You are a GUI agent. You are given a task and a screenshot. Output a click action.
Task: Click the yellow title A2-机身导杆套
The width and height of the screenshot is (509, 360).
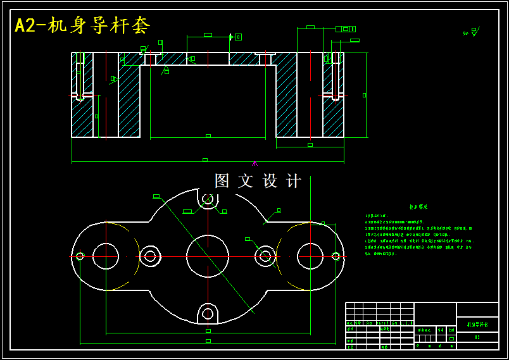click(x=82, y=26)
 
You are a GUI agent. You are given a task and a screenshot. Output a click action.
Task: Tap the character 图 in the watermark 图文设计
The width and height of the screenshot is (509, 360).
click(x=222, y=181)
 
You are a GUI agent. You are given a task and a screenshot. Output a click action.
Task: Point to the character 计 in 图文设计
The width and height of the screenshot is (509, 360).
click(x=294, y=181)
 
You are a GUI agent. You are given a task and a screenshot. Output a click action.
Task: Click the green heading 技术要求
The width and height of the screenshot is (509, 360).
click(x=418, y=207)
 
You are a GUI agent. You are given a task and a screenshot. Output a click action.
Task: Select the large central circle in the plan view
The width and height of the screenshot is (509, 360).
click(x=208, y=256)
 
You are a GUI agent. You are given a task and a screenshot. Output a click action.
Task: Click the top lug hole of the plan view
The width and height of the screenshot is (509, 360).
click(x=208, y=199)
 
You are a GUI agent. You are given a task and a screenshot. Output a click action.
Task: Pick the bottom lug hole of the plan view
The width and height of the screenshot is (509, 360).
click(x=208, y=313)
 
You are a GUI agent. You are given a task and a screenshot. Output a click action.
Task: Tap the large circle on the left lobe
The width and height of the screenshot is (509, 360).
click(x=106, y=256)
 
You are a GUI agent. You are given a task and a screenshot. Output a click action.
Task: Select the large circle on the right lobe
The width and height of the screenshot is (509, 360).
click(x=310, y=256)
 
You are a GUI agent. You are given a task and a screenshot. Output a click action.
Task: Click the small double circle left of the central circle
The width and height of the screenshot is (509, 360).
click(x=150, y=256)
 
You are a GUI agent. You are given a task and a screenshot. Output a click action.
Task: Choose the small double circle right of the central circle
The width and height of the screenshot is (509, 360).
click(x=265, y=256)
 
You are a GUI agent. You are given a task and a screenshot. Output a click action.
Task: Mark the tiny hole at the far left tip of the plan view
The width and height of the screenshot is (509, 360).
click(x=80, y=256)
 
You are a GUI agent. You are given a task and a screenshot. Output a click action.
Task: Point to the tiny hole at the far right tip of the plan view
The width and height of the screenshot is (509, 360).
click(x=336, y=256)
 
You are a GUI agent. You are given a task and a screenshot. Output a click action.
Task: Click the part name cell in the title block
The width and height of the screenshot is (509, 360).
click(x=477, y=324)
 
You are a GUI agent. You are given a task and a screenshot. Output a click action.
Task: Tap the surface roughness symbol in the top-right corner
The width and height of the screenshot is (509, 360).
click(x=474, y=31)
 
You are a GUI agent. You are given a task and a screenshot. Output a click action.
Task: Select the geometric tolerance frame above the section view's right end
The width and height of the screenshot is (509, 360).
click(x=345, y=29)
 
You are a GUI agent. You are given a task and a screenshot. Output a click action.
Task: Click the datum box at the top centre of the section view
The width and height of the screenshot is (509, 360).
click(x=238, y=37)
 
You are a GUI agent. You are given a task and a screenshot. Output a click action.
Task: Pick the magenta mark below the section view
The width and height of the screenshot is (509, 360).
click(x=254, y=163)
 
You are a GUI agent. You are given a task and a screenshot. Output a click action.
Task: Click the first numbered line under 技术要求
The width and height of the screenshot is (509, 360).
click(x=380, y=216)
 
